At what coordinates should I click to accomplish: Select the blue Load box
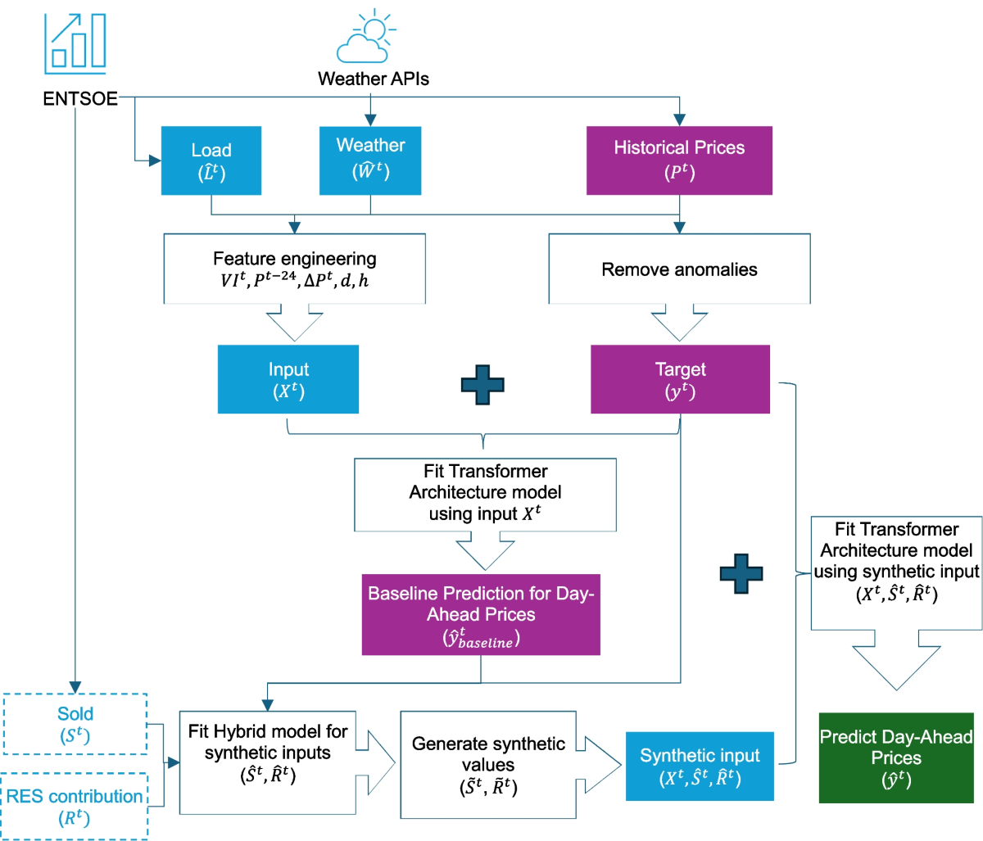211,161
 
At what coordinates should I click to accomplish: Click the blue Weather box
370,161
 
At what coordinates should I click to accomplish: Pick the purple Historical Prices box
679,161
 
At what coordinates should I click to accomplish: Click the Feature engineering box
295,269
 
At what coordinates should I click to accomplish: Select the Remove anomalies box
679,269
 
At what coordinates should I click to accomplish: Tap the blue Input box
288,379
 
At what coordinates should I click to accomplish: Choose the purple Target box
680,379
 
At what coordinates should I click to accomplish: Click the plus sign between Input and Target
482,384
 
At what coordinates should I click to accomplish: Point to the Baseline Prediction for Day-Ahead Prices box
481,615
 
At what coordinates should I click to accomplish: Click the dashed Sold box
75,724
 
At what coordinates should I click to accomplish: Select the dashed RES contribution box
75,806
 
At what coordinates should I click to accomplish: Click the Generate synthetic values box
488,764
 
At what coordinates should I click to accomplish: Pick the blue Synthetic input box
700,766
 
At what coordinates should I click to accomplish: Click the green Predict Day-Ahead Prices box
896,757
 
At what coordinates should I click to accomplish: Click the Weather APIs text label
374,79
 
